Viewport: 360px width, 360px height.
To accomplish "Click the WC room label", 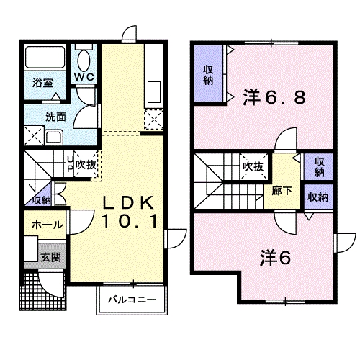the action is pyautogui.click(x=84, y=77).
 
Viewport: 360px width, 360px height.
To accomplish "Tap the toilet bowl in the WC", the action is pyautogui.click(x=84, y=60).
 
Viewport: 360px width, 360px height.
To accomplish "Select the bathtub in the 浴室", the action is pyautogui.click(x=45, y=57).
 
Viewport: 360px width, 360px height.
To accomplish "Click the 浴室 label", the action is pyautogui.click(x=42, y=83).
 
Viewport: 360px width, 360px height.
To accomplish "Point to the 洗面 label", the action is pyautogui.click(x=55, y=117).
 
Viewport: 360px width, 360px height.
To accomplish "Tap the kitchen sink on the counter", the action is pyautogui.click(x=154, y=92).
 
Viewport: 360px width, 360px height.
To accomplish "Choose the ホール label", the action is pyautogui.click(x=48, y=225).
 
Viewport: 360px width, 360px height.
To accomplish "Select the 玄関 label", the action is pyautogui.click(x=51, y=258).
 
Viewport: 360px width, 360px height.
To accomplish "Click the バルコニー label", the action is pyautogui.click(x=132, y=300).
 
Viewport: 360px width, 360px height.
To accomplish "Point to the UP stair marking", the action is pyautogui.click(x=70, y=164).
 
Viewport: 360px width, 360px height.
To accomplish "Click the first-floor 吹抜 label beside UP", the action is pyautogui.click(x=86, y=165).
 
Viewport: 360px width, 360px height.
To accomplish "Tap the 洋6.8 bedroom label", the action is pyautogui.click(x=274, y=97).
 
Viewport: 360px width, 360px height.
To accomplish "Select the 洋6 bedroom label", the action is pyautogui.click(x=276, y=258).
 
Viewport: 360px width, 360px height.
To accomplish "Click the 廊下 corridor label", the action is pyautogui.click(x=282, y=192).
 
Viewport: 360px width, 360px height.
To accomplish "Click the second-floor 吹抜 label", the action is pyautogui.click(x=253, y=166).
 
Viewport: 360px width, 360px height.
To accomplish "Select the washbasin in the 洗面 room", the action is pyautogui.click(x=54, y=138).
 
